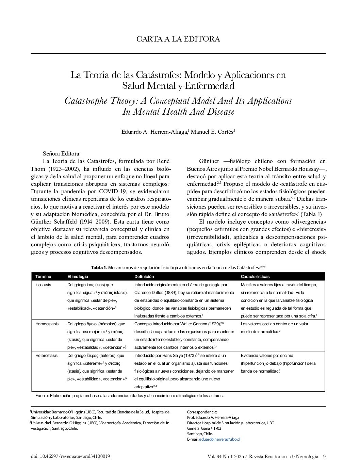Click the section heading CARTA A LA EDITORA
[178, 39]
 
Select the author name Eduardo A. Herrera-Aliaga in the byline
[154, 132]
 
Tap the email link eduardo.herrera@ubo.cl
[224, 439]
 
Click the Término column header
[43, 277]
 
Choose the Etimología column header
[78, 277]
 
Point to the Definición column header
[144, 277]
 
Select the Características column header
[255, 277]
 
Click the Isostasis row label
[43, 285]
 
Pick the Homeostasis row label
[47, 324]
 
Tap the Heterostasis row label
[47, 356]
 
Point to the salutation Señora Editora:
[62, 154]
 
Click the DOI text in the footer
[70, 457]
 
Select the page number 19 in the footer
[323, 457]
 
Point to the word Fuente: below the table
[42, 396]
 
